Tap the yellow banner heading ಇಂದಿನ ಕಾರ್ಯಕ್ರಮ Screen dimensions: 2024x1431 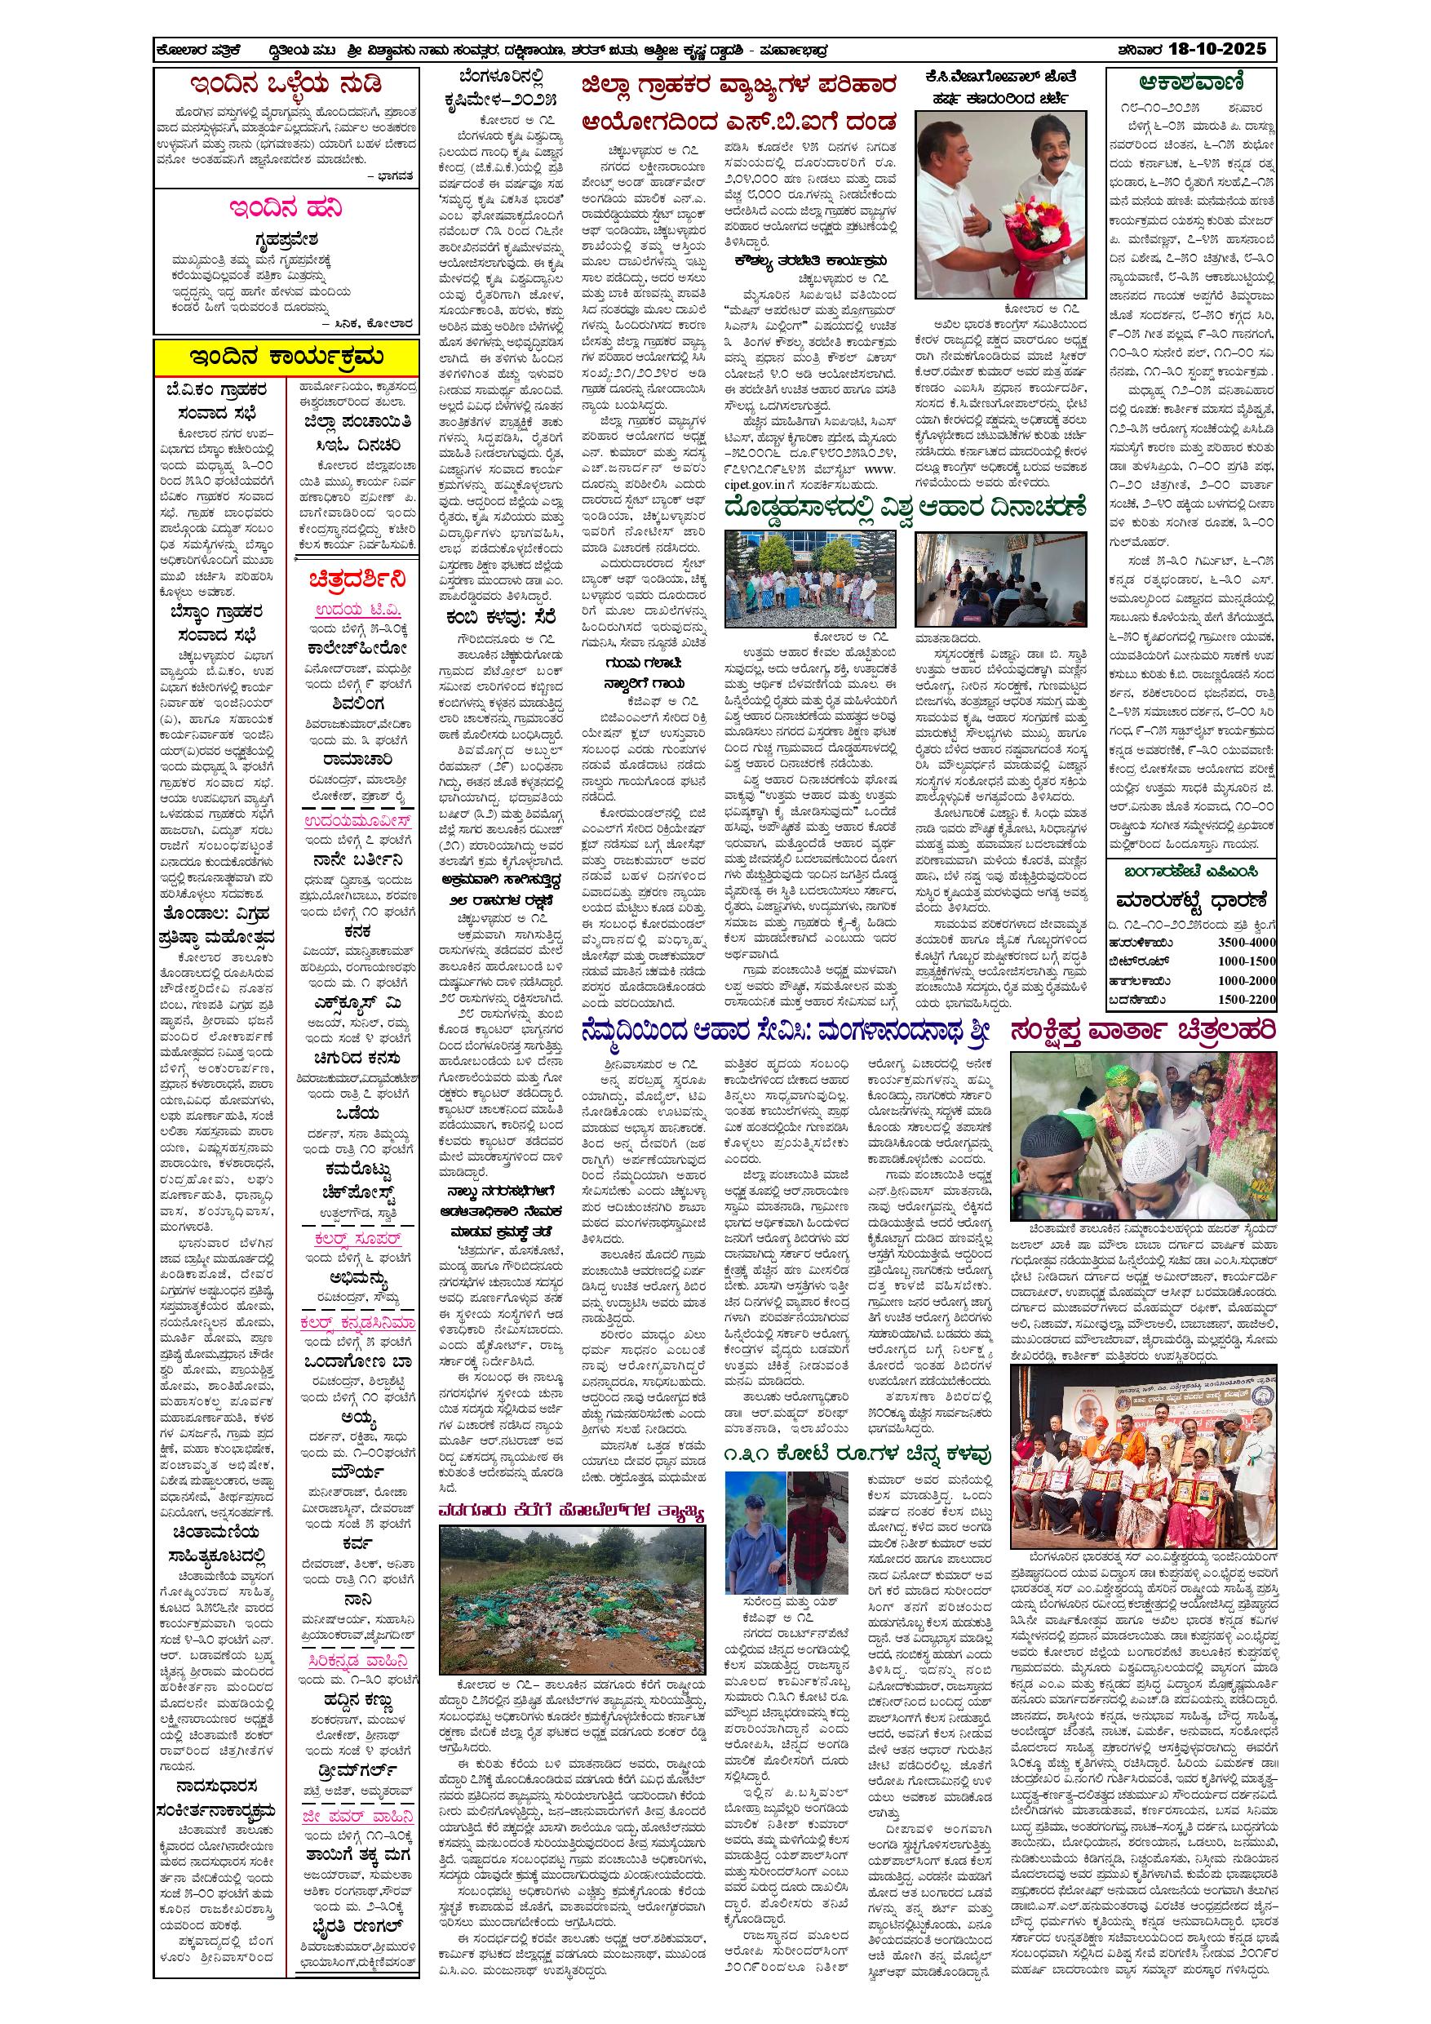point(286,357)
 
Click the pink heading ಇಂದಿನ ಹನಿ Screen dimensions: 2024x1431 point(286,209)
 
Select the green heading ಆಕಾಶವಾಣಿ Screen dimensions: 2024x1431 point(1190,85)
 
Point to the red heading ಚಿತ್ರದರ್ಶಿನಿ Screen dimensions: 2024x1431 point(357,580)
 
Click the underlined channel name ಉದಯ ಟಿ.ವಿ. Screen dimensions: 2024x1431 point(357,611)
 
